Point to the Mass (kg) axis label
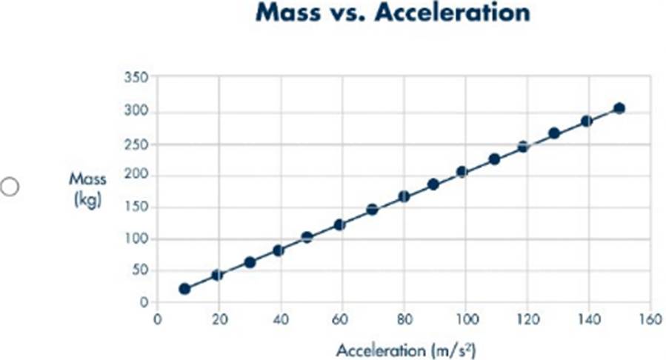click(x=88, y=189)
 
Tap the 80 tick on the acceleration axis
click(x=404, y=319)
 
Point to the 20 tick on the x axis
click(x=219, y=319)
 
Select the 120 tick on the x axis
click(x=527, y=319)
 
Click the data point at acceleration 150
click(x=619, y=108)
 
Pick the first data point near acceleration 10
click(x=184, y=289)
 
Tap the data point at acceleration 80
click(x=404, y=196)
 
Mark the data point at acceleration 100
click(x=462, y=172)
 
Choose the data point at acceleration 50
click(x=307, y=238)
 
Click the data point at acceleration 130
click(x=553, y=133)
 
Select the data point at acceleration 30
click(x=250, y=262)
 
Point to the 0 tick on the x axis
click(x=157, y=319)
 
